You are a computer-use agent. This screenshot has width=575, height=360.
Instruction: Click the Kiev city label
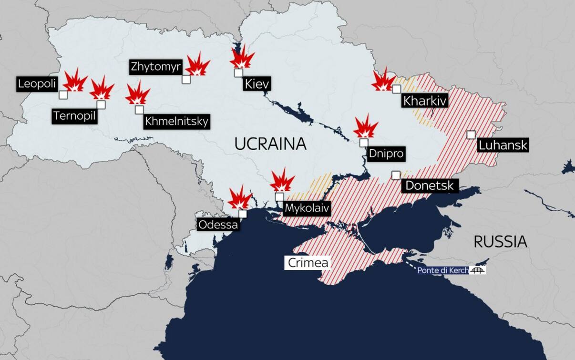(x=257, y=85)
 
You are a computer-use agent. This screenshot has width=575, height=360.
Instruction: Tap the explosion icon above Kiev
(x=242, y=58)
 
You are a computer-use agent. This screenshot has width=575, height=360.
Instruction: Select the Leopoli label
(x=37, y=84)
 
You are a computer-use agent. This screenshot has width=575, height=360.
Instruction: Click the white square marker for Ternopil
(x=101, y=104)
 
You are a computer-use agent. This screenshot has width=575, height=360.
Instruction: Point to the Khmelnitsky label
(x=176, y=122)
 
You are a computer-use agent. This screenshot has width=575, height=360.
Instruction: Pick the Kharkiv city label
(x=424, y=101)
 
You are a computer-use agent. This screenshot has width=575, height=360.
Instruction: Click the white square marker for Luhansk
(x=471, y=134)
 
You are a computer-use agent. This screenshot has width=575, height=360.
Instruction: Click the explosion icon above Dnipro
(x=366, y=127)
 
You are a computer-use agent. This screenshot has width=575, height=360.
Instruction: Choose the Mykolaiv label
(x=307, y=208)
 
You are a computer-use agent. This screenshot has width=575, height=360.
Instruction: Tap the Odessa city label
(x=218, y=224)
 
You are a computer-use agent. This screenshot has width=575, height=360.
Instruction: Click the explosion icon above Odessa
(x=239, y=198)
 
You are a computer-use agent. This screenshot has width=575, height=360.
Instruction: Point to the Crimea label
(x=308, y=263)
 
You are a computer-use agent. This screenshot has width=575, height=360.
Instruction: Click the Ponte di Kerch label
(x=443, y=270)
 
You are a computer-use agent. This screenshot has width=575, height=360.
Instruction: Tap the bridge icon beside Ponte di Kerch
(x=477, y=270)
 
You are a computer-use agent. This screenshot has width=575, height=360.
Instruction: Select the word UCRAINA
(x=270, y=144)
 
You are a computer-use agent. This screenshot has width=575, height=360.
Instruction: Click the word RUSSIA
(x=500, y=241)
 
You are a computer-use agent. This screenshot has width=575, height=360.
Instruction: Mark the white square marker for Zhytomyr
(x=186, y=79)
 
